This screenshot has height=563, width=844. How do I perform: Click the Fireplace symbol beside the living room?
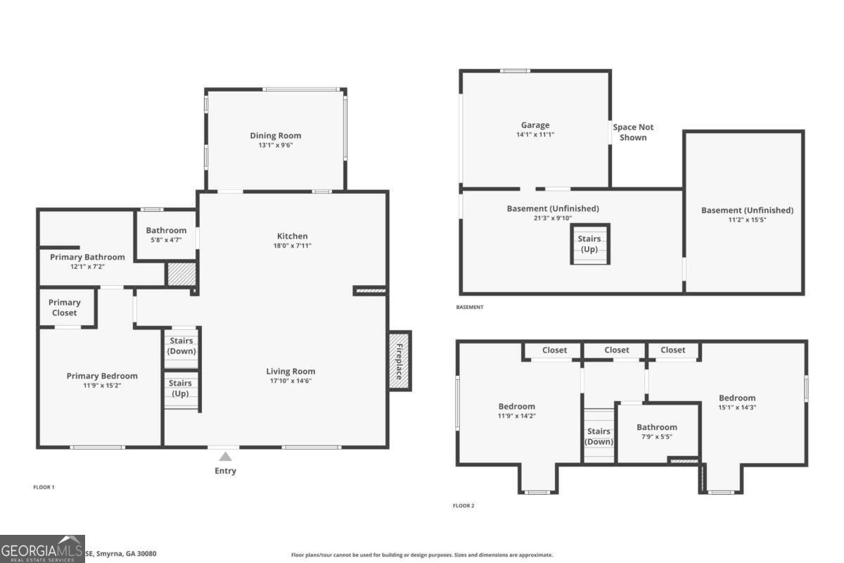399,360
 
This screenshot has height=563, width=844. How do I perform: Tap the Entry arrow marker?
225,457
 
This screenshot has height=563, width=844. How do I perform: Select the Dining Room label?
276,136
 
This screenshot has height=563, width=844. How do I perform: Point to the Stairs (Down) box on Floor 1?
181,346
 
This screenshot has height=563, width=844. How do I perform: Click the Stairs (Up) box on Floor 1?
181,388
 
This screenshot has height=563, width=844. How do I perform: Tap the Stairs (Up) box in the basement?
589,243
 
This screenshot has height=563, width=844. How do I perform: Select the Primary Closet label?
65,308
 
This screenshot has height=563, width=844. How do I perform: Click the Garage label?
535,125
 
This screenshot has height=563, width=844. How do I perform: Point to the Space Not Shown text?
633,132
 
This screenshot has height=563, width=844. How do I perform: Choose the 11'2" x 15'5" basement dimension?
747,220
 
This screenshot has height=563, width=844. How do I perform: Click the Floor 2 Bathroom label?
657,427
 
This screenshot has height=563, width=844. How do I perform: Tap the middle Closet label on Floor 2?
617,350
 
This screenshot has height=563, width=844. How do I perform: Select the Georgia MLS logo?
42,549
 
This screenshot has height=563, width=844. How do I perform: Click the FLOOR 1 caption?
44,487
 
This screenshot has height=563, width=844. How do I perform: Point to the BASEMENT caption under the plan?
470,308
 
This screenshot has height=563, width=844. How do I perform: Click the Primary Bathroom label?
87,257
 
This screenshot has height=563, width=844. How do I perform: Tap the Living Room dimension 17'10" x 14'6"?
290,381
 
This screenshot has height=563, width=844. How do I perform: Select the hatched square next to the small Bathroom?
181,274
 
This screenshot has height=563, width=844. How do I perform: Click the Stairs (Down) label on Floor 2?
599,436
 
